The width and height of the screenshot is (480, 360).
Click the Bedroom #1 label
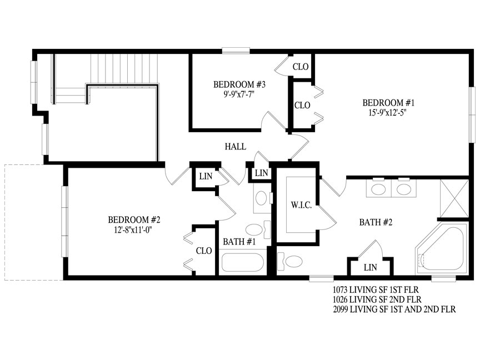click(388, 103)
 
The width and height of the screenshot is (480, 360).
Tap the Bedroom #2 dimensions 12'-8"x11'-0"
click(133, 229)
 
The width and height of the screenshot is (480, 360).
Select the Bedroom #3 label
click(239, 84)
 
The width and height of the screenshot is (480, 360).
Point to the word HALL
click(236, 147)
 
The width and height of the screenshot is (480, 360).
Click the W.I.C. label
click(301, 205)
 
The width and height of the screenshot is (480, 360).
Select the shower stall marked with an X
click(454, 199)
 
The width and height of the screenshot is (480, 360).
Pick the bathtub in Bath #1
click(242, 262)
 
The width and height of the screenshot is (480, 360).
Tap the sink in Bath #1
click(262, 198)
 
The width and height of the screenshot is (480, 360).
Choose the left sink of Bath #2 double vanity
click(378, 189)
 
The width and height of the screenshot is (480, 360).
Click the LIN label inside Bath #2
click(371, 268)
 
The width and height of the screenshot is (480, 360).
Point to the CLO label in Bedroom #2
click(204, 251)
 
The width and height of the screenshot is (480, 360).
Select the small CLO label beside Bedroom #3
click(301, 67)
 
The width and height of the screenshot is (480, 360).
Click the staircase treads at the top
click(124, 68)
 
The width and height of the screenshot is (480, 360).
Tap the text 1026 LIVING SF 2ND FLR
click(377, 299)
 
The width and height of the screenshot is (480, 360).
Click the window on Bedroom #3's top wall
click(236, 51)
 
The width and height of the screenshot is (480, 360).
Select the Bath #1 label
click(239, 242)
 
